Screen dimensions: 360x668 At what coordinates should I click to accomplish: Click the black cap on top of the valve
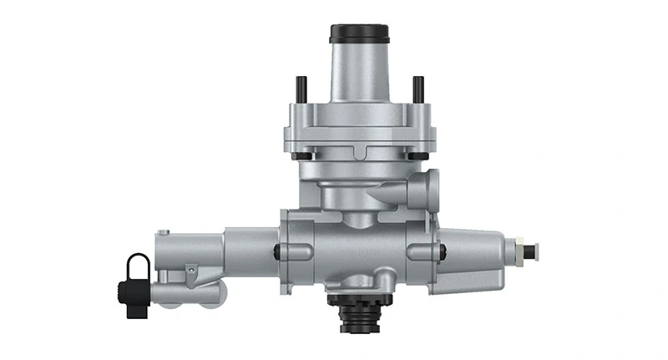coord(359,33)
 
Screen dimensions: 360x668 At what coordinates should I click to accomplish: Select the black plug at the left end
coord(128,293)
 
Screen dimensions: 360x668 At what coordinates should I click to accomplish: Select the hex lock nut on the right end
coord(519,250)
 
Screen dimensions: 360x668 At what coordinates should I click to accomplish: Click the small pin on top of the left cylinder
coord(166,233)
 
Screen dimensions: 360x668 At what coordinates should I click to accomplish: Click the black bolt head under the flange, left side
coord(302,156)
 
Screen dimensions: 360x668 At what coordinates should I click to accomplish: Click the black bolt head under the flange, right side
coord(415,156)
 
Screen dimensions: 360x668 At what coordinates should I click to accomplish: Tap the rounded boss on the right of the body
coord(421,251)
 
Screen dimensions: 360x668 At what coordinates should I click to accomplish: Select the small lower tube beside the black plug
coord(180,292)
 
